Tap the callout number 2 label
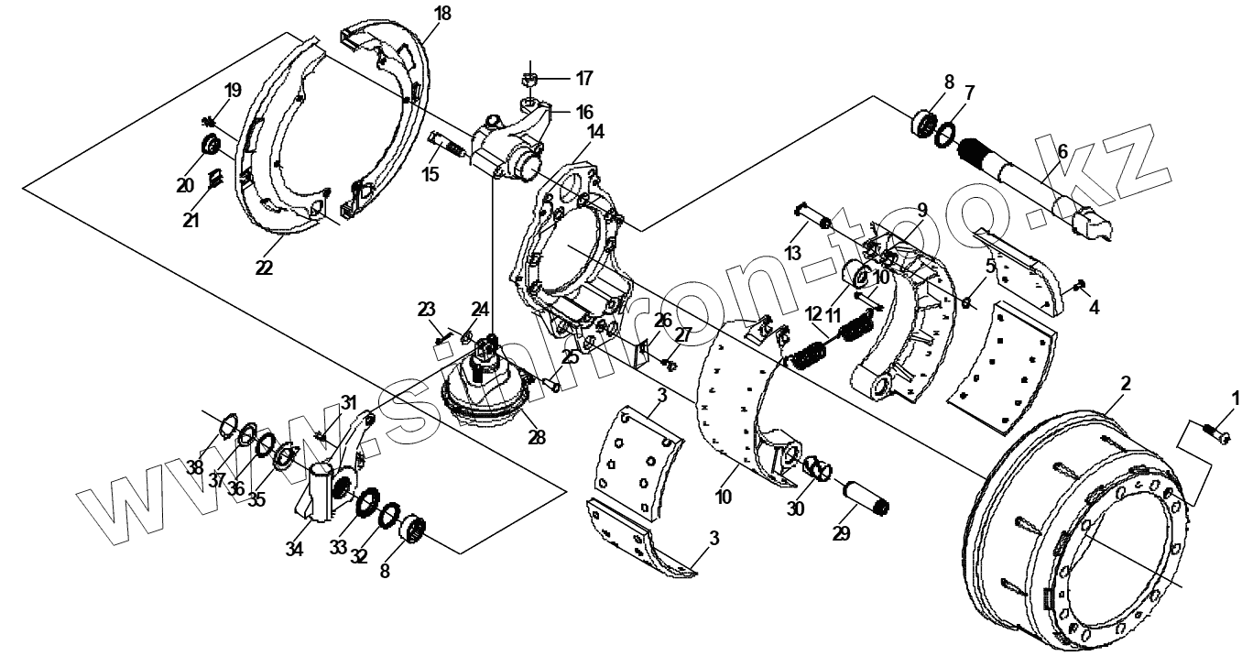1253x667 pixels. coord(1126,383)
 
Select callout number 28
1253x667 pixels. coord(537,438)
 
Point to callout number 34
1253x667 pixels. coord(293,549)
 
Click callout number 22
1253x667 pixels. coord(265,267)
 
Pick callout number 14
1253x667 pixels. coord(595,131)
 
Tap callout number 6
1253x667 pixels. coord(1062,151)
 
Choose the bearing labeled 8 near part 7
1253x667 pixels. coord(926,124)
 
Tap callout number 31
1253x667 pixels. coord(348,402)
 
